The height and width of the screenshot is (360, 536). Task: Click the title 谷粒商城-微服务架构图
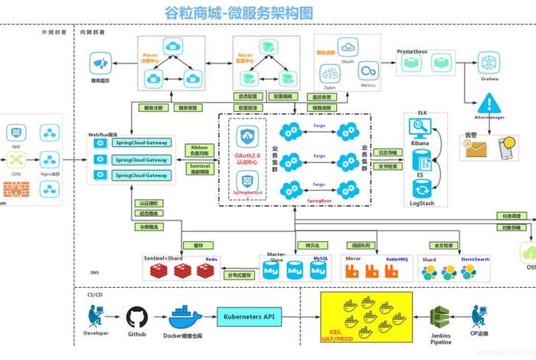[x=229, y=13]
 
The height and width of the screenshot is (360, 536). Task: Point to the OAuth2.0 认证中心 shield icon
[x=247, y=138]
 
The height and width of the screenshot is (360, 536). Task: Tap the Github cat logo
[x=136, y=316]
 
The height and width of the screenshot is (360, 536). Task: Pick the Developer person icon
[x=96, y=316]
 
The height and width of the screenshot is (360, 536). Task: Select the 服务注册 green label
[x=154, y=108]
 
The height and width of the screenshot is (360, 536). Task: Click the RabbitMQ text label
[x=397, y=259]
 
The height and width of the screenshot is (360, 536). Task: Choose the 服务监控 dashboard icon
[x=101, y=62]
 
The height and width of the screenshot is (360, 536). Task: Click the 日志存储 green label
[x=387, y=152]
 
